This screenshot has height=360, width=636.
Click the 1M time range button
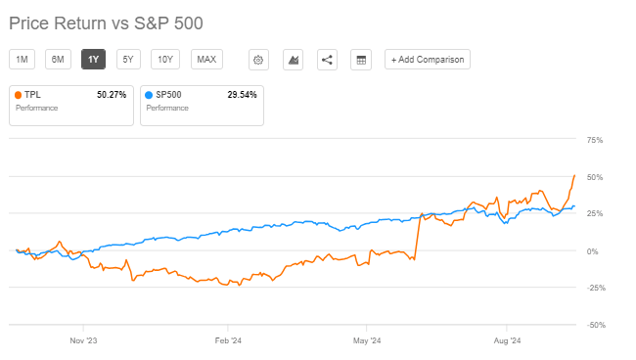tap(22, 60)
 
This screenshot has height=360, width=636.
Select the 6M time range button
tap(58, 60)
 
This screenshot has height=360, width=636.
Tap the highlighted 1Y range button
tap(93, 60)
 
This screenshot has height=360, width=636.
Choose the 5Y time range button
tap(127, 60)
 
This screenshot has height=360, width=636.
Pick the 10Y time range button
tap(164, 60)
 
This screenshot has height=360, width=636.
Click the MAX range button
tap(206, 60)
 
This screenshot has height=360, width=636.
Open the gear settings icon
tap(258, 60)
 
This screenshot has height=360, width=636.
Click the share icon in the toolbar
tap(327, 60)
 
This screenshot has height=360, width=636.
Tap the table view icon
tap(361, 60)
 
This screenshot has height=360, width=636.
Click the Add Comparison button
tap(428, 60)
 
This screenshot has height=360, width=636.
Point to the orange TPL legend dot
tap(18, 96)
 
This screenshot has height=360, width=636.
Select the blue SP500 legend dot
tap(148, 96)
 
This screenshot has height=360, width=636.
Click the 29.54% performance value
tap(242, 96)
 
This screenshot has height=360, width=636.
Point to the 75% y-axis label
tap(595, 141)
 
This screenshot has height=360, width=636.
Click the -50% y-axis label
tap(594, 325)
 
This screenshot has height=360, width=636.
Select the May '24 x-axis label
tap(368, 341)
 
